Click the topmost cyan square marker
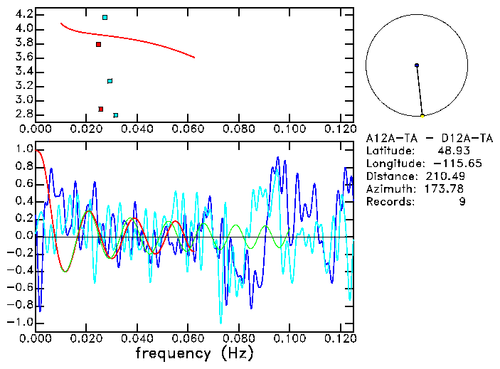click(105, 17)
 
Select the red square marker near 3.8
click(99, 44)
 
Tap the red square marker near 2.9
click(101, 109)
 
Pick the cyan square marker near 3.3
click(110, 81)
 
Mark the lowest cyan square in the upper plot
click(116, 114)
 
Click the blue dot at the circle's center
click(417, 65)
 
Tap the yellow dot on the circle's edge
click(422, 116)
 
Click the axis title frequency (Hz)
click(194, 353)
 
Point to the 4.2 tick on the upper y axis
click(23, 14)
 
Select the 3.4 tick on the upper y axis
click(23, 71)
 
